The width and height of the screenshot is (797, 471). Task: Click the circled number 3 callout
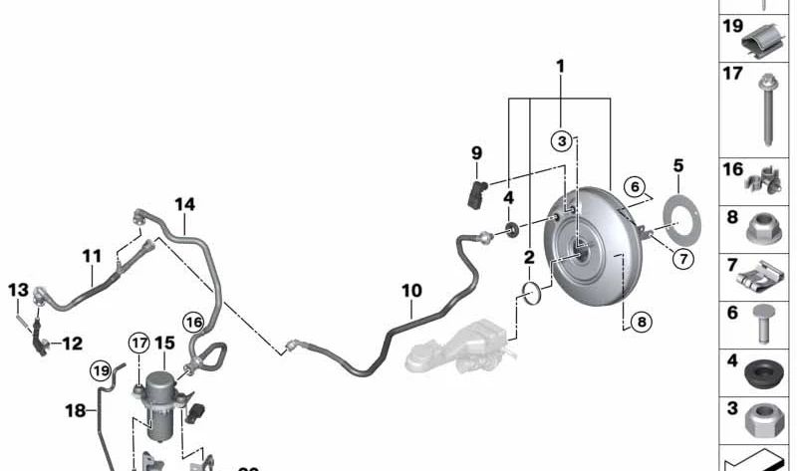[562, 141]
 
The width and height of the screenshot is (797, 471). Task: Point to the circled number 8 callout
[641, 321]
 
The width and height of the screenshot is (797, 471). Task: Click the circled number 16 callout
[192, 321]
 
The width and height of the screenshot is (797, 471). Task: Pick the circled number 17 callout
[137, 344]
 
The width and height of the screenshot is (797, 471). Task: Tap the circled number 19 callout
[100, 370]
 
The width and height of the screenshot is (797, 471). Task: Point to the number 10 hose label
[411, 291]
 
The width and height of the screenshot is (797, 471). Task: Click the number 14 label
[184, 204]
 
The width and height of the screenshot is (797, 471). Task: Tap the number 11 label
[92, 256]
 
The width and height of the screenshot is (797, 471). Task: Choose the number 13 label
[18, 289]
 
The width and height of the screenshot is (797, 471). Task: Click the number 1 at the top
[560, 67]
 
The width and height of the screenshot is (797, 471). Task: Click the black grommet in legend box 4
[763, 376]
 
